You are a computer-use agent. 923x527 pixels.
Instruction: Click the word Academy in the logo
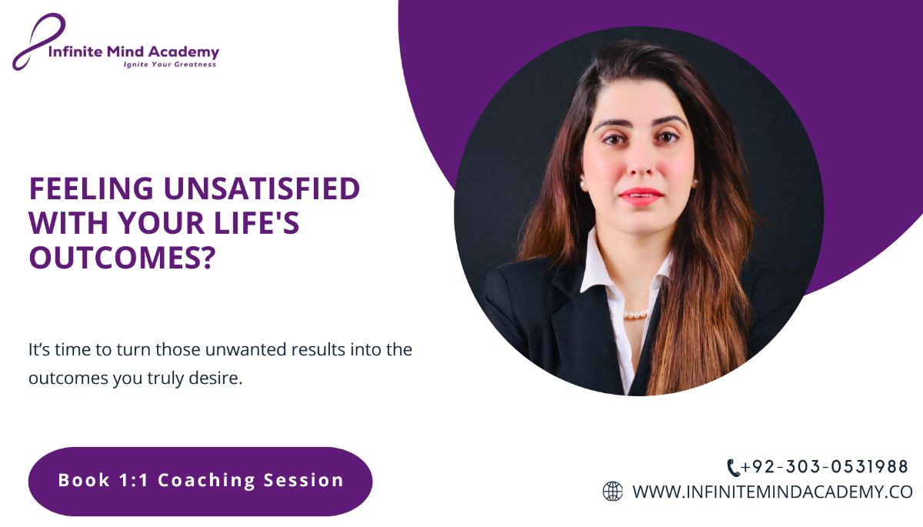(x=183, y=52)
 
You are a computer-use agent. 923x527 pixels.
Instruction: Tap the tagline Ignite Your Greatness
(x=170, y=65)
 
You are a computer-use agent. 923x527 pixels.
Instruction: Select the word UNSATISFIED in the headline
(x=262, y=188)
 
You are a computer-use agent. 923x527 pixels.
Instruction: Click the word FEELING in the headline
(x=91, y=188)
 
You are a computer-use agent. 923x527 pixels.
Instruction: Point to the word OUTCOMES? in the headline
(x=122, y=258)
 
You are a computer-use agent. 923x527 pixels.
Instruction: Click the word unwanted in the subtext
(x=245, y=349)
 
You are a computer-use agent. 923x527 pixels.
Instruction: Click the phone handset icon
(x=733, y=468)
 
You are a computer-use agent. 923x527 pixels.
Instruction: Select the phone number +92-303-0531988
(x=824, y=467)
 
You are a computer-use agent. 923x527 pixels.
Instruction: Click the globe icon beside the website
(x=613, y=491)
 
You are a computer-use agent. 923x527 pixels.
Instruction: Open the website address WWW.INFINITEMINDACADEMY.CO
(x=772, y=492)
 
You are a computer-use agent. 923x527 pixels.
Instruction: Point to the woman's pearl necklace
(x=635, y=315)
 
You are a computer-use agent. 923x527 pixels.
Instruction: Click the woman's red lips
(x=641, y=196)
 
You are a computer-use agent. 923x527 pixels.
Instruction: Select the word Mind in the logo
(x=125, y=52)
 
